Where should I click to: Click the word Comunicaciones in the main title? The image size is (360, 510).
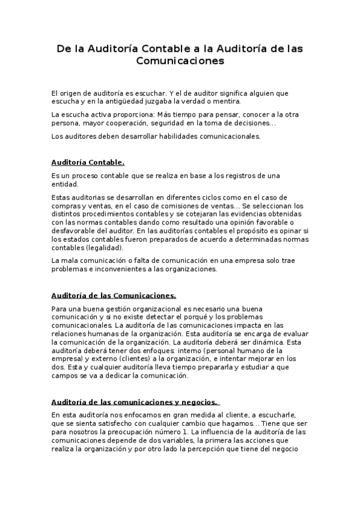pyautogui.click(x=180, y=61)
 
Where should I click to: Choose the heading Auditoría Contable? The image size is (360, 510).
pyautogui.click(x=88, y=162)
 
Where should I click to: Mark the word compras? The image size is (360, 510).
pyautogui.click(x=67, y=206)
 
